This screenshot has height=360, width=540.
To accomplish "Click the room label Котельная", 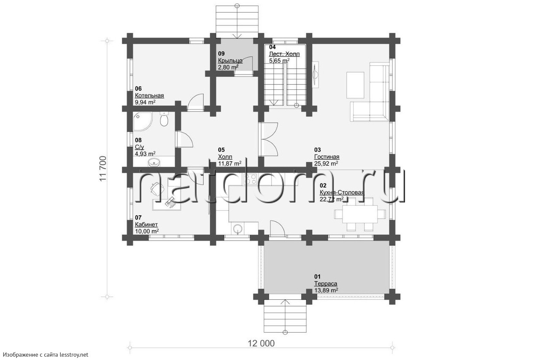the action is point(149,95).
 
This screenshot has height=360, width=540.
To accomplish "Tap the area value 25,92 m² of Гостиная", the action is point(326,164).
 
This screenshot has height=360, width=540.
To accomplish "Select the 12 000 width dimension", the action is point(261,344).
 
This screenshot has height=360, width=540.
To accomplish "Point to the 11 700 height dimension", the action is point(103,169).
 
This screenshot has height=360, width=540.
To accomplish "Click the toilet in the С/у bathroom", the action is point(164,120).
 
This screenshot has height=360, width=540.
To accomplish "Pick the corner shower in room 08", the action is point(142,121).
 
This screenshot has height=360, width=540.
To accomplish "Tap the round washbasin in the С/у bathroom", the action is point(153,162).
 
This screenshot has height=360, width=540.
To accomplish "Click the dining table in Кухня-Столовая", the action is point(360,214).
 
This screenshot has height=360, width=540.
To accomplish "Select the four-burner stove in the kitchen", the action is point(251,179).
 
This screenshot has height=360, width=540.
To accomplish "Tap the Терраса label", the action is point(326,284).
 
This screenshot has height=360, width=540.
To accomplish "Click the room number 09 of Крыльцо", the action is point(221,54).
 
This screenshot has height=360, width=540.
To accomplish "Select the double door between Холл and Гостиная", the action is point(268,139).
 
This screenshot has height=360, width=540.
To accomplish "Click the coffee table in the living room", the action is point(355,85).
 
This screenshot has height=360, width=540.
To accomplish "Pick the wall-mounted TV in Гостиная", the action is point(316,73).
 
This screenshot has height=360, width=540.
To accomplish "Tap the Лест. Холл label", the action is point(284,54).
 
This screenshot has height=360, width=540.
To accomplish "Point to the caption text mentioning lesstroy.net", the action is point(46,355).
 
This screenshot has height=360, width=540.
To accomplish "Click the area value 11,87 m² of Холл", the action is point(230,164).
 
